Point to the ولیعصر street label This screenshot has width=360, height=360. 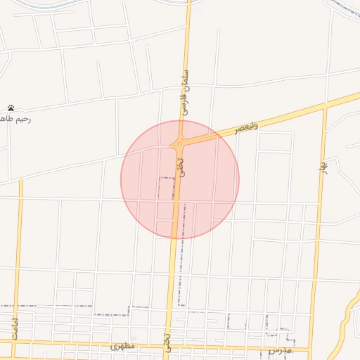coord(247,127)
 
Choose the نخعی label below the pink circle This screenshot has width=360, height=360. coord(167,323)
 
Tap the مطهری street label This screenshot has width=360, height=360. coord(122,347)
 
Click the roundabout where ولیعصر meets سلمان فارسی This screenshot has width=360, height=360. coord(180,145)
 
